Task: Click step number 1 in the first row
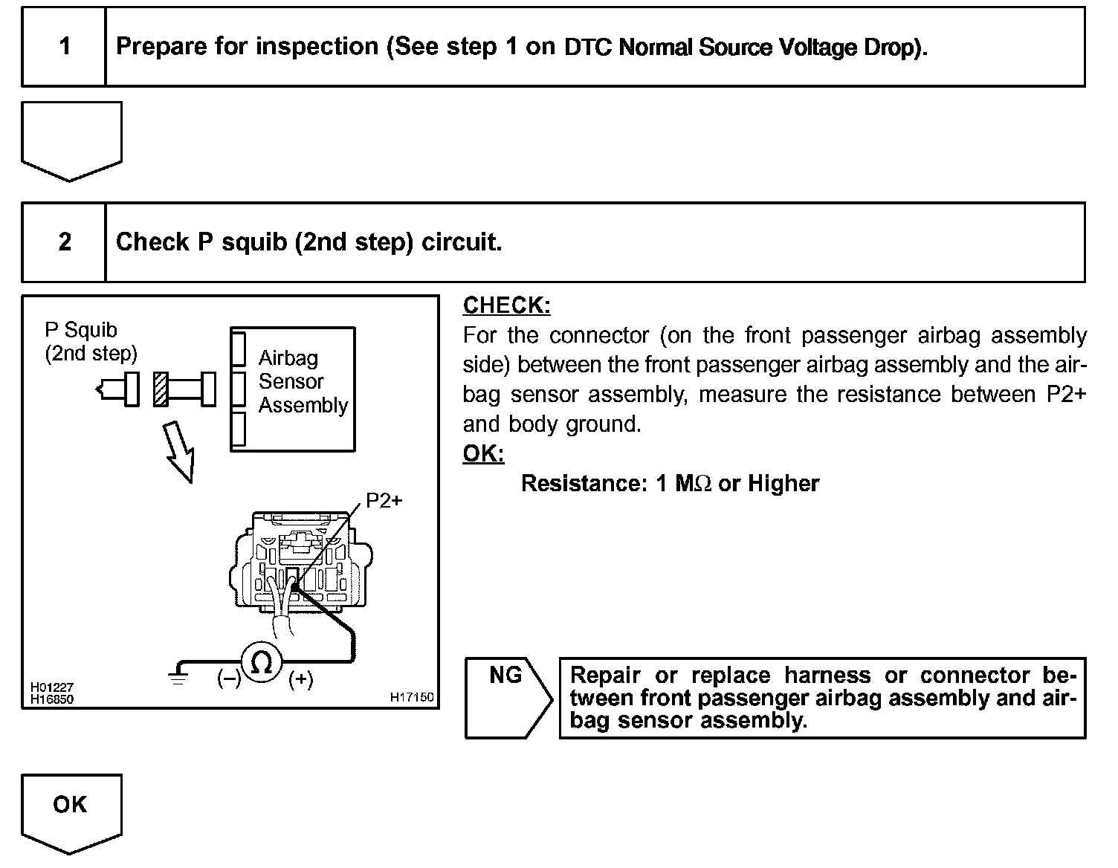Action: point(65,47)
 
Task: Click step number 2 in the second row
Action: point(65,242)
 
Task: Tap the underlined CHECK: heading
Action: point(506,305)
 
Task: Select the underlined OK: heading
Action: point(483,453)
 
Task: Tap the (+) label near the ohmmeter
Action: point(300,679)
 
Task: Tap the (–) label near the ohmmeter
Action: point(229,679)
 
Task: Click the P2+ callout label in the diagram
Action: point(384,501)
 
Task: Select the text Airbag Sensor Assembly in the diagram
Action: point(303,381)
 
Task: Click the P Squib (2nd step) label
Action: point(91,342)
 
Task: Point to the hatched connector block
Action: point(159,389)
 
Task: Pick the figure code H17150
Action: point(412,697)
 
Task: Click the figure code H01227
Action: point(52,687)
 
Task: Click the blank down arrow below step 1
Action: point(71,141)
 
